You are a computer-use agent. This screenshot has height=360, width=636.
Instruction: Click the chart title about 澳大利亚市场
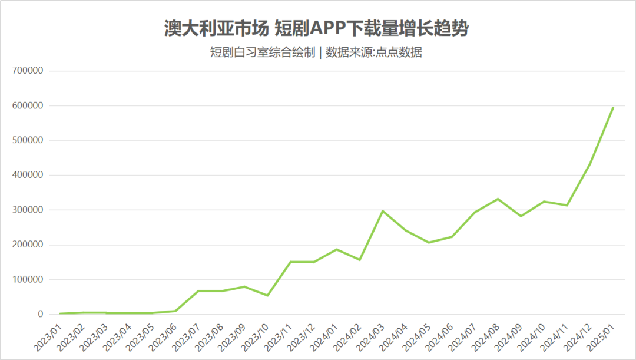(316, 28)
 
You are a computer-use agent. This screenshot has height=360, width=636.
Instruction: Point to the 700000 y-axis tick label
(28, 71)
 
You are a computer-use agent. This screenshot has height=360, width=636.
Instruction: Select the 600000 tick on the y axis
(28, 105)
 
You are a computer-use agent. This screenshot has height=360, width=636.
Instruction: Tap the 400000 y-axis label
(28, 175)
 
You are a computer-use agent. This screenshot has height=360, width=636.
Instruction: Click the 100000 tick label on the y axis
(28, 279)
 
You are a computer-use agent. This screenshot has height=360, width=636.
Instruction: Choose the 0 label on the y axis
(41, 314)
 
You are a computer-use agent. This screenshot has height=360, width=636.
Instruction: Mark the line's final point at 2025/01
(613, 107)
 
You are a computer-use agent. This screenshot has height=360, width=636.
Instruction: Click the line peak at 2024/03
(383, 211)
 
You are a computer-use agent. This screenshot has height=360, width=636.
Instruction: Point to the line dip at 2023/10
(267, 295)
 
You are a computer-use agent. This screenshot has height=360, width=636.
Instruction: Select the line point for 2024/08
(498, 199)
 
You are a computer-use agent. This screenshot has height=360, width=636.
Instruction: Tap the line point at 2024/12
(590, 164)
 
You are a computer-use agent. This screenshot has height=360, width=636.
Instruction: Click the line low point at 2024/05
(429, 242)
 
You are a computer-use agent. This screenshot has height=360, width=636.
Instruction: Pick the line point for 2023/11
(290, 262)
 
